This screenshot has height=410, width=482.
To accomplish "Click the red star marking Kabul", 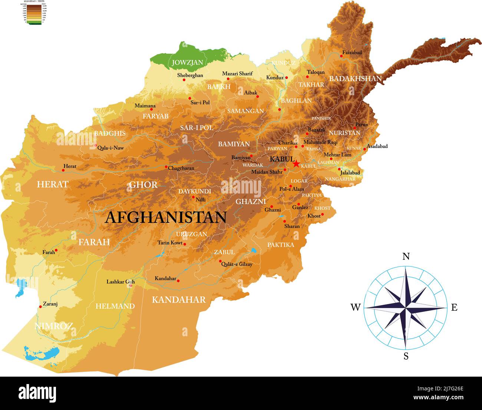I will point(296,163).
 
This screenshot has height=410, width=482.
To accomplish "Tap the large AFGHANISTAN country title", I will point(165,217).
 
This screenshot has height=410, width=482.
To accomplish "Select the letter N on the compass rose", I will point(406,257).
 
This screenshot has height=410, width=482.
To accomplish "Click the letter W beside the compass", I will point(355,307).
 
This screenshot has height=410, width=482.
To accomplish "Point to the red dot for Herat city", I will point(63,170).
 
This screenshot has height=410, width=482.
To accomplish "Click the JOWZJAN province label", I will point(187,62).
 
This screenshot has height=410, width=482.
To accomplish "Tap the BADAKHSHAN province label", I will point(355,79).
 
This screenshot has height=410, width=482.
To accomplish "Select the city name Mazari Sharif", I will point(237,74).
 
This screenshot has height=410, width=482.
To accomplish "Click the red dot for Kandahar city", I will point(178,281).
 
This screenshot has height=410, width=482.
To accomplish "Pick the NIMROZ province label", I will point(53,326).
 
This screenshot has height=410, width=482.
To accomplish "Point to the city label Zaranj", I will point(50,304).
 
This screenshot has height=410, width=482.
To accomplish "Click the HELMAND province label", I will point(115,306).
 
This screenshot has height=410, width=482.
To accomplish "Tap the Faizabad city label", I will point(352,53).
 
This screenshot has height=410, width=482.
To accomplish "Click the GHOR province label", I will point(143,185).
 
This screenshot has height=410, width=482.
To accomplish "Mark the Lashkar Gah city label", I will point(120,282).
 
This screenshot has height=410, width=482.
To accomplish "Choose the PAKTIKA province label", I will point(281,245).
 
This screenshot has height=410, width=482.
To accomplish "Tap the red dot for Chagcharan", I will point(166,167).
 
